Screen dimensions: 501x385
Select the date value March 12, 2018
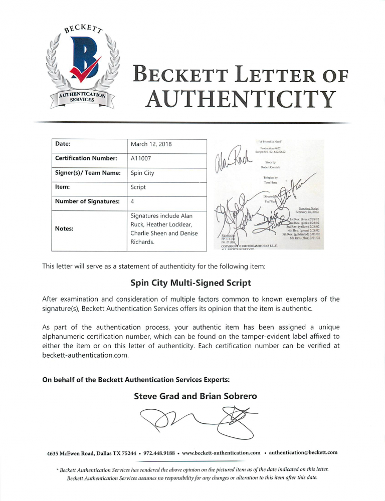pos(151,144)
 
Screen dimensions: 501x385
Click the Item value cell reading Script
pos(139,187)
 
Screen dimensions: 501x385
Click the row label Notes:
pos(65,229)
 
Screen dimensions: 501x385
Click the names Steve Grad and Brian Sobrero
pos(196,396)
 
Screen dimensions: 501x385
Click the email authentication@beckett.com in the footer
pos(303,452)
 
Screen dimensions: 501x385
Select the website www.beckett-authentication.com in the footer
pos(221,453)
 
